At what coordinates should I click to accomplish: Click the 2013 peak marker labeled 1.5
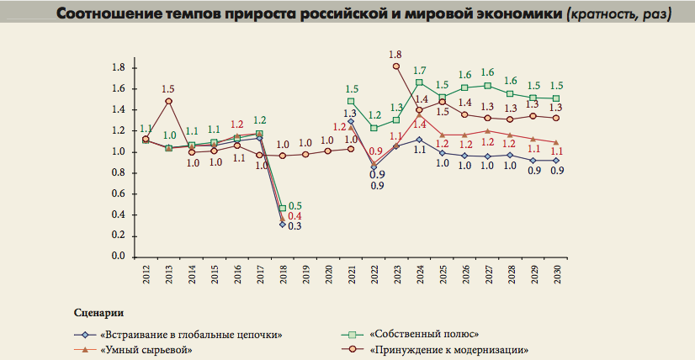pyautogui.click(x=169, y=101)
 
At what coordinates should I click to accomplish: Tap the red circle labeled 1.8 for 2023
pyautogui.click(x=396, y=66)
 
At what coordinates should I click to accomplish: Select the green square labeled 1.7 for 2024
pyautogui.click(x=419, y=82)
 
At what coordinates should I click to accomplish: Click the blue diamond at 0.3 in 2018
pyautogui.click(x=283, y=225)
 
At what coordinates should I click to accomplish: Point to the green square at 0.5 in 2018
pyautogui.click(x=283, y=208)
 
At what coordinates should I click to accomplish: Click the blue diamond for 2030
pyautogui.click(x=555, y=161)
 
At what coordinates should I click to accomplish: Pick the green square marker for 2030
pyautogui.click(x=555, y=98)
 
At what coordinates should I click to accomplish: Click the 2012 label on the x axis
pyautogui.click(x=146, y=274)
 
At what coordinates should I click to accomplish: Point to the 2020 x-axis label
pyautogui.click(x=328, y=274)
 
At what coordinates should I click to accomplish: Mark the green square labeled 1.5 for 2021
pyautogui.click(x=351, y=102)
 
